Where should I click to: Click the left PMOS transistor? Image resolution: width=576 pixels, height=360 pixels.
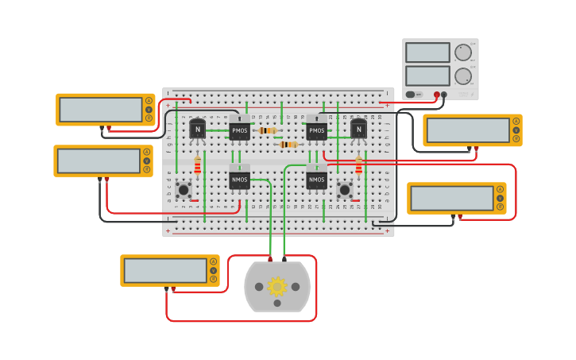click(x=239, y=130)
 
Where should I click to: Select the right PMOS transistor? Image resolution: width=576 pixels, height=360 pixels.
click(x=317, y=130)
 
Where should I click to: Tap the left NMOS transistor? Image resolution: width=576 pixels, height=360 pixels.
click(x=239, y=180)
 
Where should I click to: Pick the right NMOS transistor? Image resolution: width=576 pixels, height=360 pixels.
click(x=317, y=180)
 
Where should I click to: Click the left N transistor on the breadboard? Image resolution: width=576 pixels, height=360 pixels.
click(x=197, y=128)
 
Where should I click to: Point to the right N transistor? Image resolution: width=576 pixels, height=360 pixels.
click(x=358, y=128)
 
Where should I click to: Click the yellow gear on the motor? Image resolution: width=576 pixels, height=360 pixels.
click(x=276, y=286)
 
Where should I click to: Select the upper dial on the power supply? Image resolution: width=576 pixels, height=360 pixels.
click(x=462, y=53)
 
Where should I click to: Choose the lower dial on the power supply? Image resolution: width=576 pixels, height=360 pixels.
click(x=462, y=77)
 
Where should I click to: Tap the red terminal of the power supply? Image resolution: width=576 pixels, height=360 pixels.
click(x=436, y=95)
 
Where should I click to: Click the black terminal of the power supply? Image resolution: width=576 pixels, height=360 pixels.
click(x=444, y=95)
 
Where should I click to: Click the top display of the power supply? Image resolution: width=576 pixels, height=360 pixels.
click(x=427, y=52)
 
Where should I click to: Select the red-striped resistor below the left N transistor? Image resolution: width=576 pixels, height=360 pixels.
click(x=198, y=166)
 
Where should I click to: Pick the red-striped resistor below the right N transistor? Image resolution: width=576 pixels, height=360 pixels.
click(x=358, y=166)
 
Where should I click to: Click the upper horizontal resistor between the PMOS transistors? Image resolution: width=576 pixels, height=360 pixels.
click(x=267, y=130)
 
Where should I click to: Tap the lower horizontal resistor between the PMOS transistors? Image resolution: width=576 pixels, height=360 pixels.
click(x=288, y=145)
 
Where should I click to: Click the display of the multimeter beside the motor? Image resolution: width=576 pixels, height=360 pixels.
click(x=165, y=270)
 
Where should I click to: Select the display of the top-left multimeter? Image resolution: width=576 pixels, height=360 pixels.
click(x=101, y=109)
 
